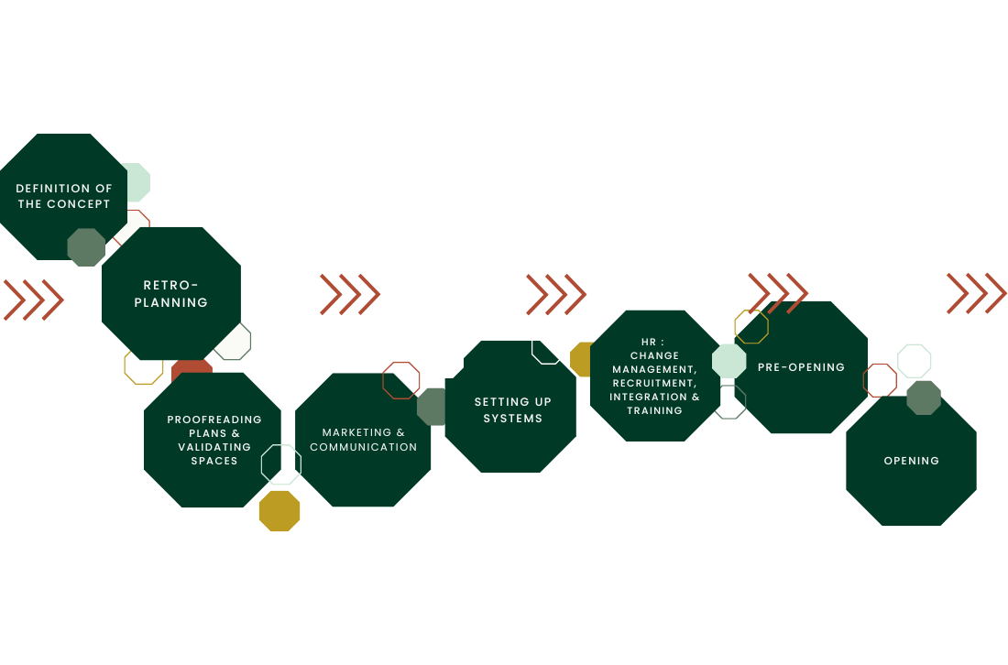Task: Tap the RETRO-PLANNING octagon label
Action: [x=171, y=294]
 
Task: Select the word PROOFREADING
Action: [x=214, y=420]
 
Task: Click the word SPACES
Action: [x=214, y=461]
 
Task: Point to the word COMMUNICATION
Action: [x=364, y=447]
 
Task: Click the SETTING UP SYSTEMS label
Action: [x=513, y=409]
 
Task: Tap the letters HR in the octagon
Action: [x=649, y=342]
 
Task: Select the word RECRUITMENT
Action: [x=654, y=383]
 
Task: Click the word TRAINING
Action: [x=654, y=411]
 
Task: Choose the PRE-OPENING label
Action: [x=801, y=367]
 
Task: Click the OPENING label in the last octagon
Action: [x=912, y=461]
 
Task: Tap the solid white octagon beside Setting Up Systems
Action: [x=444, y=359]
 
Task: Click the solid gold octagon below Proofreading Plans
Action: [x=279, y=511]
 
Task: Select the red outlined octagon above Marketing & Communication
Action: [x=401, y=380]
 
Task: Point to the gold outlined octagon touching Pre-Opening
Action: [x=751, y=327]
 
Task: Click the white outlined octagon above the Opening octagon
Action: [x=915, y=361]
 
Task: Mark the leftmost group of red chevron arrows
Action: [x=34, y=300]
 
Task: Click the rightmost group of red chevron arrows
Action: [x=977, y=293]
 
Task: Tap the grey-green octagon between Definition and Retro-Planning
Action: [x=86, y=247]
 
